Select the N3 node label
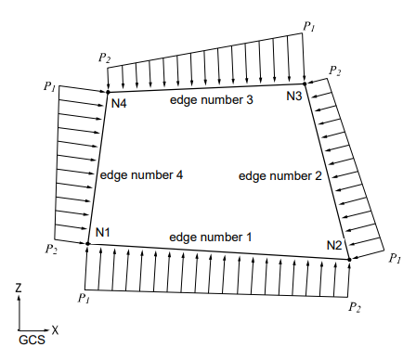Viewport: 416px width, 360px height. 294,96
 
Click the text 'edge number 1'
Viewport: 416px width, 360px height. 210,238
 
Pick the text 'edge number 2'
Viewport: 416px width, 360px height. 279,174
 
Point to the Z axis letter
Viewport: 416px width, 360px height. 19,289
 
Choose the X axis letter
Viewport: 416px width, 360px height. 56,328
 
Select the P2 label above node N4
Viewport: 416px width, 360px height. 104,58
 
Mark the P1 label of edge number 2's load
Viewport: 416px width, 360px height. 394,258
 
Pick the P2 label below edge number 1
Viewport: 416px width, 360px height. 354,305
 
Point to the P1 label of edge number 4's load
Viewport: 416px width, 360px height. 50,87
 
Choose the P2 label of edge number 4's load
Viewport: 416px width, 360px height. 51,249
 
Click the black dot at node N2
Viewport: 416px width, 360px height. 350,260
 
